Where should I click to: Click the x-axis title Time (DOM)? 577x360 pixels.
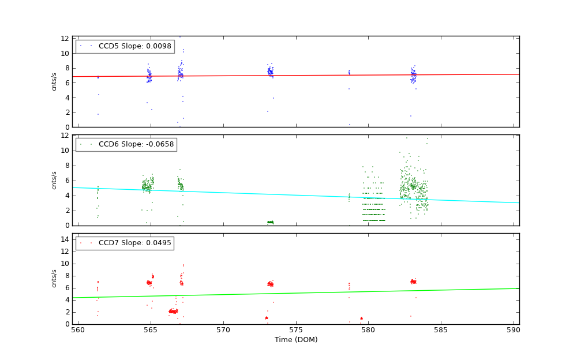point(295,340)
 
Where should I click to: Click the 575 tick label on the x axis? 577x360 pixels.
point(295,331)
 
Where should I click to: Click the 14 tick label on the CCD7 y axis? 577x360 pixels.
point(65,239)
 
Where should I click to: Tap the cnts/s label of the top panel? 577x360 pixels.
point(54,81)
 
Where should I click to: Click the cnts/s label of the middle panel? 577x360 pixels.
point(54,180)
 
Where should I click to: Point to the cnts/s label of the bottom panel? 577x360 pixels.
point(54,278)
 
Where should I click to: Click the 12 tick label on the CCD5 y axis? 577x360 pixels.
point(65,38)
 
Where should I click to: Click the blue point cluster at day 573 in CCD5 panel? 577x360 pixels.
point(269,72)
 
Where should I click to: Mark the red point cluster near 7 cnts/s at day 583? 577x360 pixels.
point(413,282)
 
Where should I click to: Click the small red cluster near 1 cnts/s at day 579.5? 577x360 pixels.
point(361,318)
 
